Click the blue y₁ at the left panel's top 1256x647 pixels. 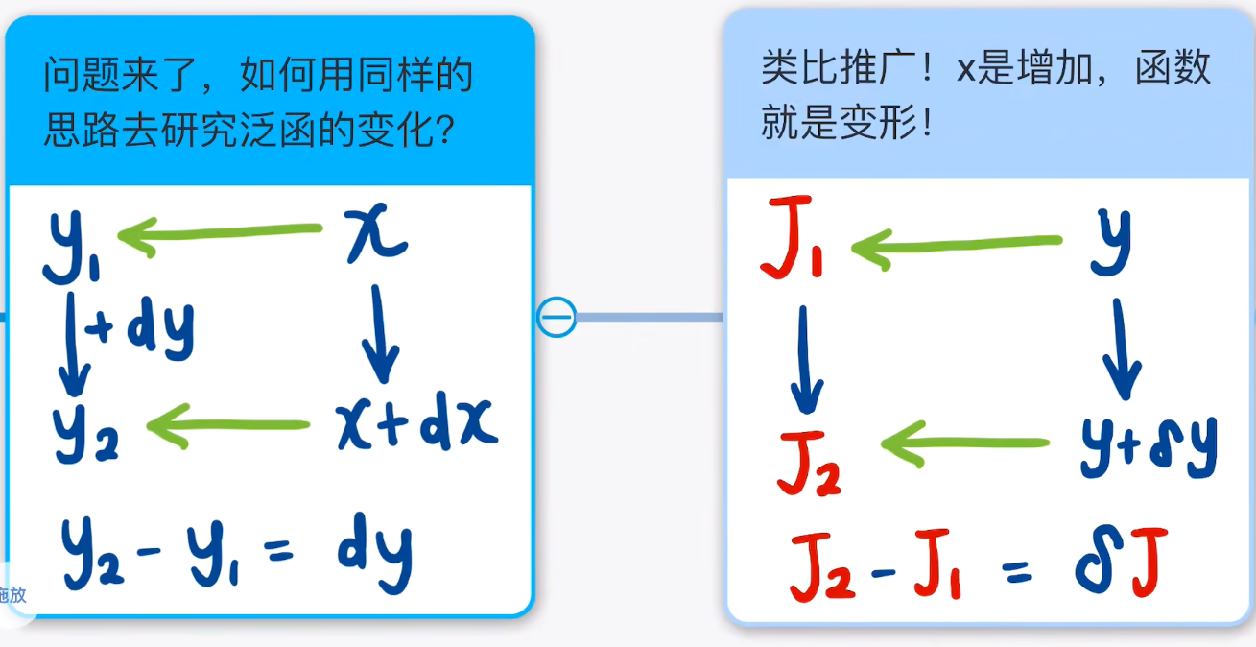pyautogui.click(x=72, y=246)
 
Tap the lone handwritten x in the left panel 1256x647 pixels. pyautogui.click(x=376, y=233)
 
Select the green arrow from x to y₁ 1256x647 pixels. pyautogui.click(x=220, y=234)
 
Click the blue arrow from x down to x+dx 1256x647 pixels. pyautogui.click(x=380, y=333)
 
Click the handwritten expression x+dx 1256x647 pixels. pyautogui.click(x=417, y=422)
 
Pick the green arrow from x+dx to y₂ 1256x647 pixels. pyautogui.click(x=227, y=426)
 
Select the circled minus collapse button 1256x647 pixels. pyautogui.click(x=557, y=317)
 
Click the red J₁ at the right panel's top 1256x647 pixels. pyautogui.click(x=792, y=237)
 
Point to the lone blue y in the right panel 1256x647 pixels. pyautogui.click(x=1110, y=241)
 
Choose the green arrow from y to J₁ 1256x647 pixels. pyautogui.click(x=957, y=247)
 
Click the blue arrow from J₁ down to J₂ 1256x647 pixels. pyautogui.click(x=806, y=359)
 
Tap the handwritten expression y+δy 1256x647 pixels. pyautogui.click(x=1149, y=446)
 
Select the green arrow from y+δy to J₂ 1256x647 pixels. pyautogui.click(x=964, y=443)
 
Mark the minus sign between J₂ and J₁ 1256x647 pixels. pyautogui.click(x=884, y=573)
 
